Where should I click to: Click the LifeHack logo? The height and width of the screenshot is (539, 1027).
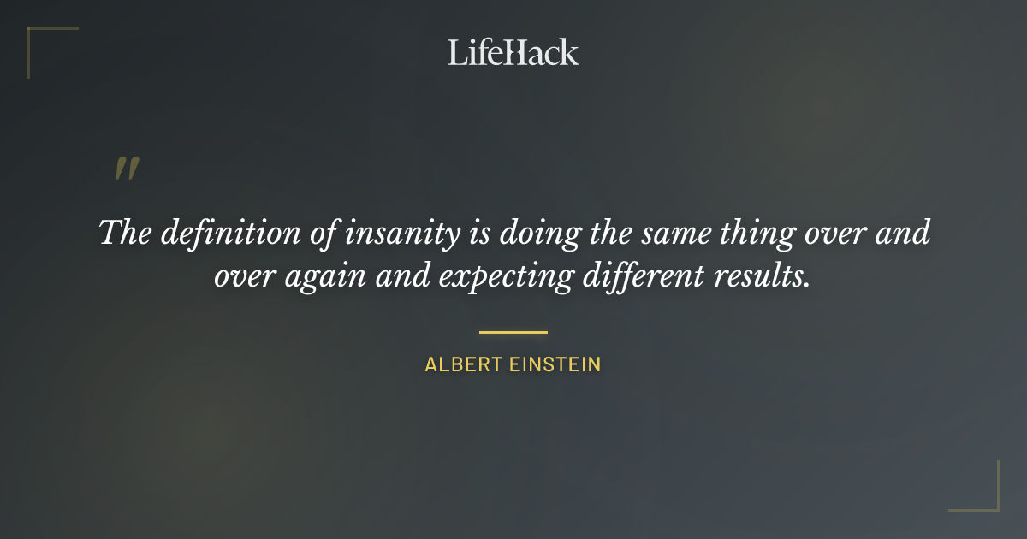click(x=513, y=52)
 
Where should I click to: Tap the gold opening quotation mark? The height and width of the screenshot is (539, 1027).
click(x=127, y=169)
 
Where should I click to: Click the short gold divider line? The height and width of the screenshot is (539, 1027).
click(x=513, y=331)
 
